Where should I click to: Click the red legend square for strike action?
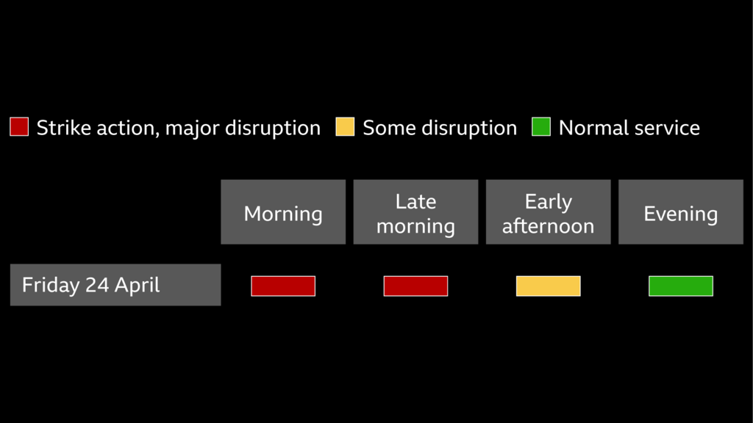tap(19, 127)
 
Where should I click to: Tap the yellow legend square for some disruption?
tap(345, 127)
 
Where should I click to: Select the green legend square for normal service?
tap(541, 127)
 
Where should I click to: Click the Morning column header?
tap(283, 212)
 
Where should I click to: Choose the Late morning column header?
tap(415, 212)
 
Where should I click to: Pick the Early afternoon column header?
tap(548, 212)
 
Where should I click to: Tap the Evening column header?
tap(680, 212)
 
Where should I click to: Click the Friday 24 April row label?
tap(115, 285)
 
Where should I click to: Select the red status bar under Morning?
tap(283, 286)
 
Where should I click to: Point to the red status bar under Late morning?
tap(415, 286)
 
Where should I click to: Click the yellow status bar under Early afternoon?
tap(548, 286)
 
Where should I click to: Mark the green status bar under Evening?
tap(680, 286)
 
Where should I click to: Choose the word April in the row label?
tap(137, 286)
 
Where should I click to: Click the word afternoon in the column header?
tap(548, 226)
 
